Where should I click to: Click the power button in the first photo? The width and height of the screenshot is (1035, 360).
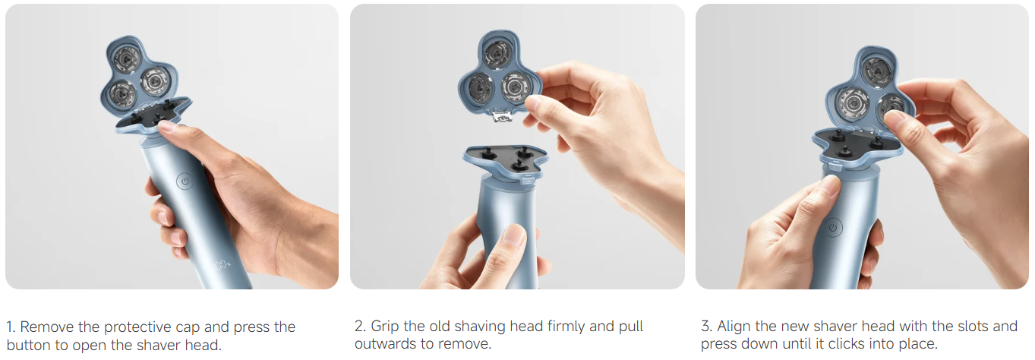point(185,182)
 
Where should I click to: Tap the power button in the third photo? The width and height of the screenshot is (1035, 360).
point(833,227)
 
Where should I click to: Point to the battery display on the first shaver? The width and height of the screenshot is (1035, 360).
point(222,265)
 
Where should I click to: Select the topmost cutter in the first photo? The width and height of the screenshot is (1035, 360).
point(127,59)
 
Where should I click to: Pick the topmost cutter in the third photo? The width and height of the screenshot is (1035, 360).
point(877,71)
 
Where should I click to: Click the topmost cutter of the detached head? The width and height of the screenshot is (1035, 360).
point(497,54)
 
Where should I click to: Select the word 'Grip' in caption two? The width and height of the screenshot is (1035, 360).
point(385,327)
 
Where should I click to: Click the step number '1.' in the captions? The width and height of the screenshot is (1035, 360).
point(11,327)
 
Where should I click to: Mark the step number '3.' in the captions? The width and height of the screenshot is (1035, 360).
point(706,327)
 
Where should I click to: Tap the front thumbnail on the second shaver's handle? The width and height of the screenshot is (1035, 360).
point(514,234)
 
